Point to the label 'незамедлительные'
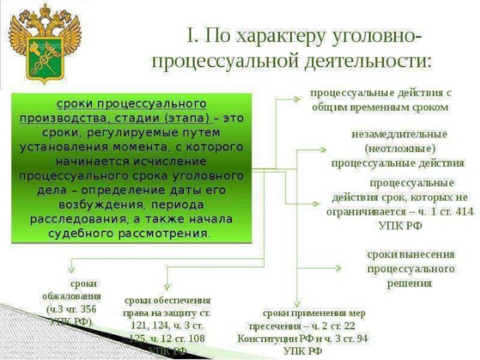[x=399, y=133]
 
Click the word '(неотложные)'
[x=399, y=148]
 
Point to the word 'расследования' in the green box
[x=67, y=218]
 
